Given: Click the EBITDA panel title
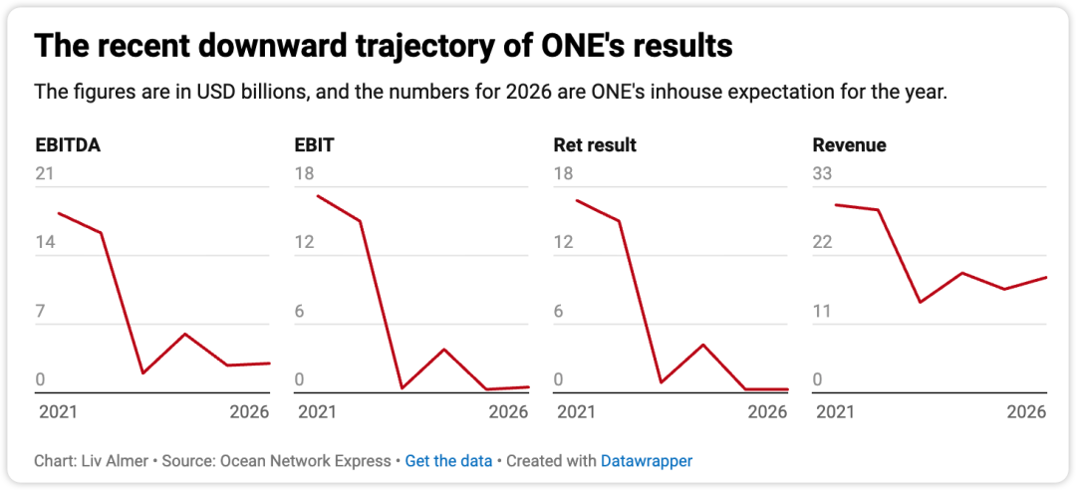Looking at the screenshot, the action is coord(68,145).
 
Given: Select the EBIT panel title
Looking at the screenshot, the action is coord(314,145).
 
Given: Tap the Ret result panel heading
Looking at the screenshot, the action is coord(595,145).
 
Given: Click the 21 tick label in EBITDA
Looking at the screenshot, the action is coord(45,174).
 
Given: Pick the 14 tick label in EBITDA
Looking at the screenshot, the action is coord(45,243).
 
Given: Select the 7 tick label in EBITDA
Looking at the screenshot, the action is coord(40,312).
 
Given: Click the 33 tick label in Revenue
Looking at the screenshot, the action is coord(822,174).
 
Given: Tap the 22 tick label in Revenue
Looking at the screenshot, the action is coord(822,243).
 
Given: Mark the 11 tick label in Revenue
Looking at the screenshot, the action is coord(821,312).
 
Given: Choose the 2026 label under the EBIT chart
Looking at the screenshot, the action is coord(508,412).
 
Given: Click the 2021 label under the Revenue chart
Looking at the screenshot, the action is coord(835,412).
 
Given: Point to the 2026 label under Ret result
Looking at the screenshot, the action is coord(767,412).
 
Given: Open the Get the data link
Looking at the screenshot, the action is coord(448,461).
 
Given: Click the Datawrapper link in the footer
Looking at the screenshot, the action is coord(647,461).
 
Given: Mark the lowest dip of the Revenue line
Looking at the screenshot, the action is coord(920,302).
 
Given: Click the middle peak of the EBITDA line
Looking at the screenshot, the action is coord(184,334).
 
